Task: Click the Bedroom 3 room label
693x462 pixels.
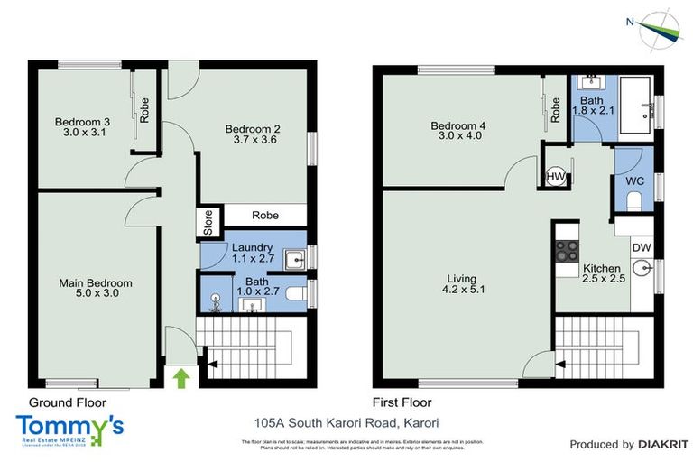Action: [82, 122]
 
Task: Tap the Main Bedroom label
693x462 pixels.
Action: [89, 282]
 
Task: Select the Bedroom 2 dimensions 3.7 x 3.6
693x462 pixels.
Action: [254, 141]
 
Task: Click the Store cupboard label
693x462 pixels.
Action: [208, 222]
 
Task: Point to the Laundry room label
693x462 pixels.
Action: [253, 247]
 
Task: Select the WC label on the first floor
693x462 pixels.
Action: [635, 180]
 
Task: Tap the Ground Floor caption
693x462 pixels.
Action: [67, 402]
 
